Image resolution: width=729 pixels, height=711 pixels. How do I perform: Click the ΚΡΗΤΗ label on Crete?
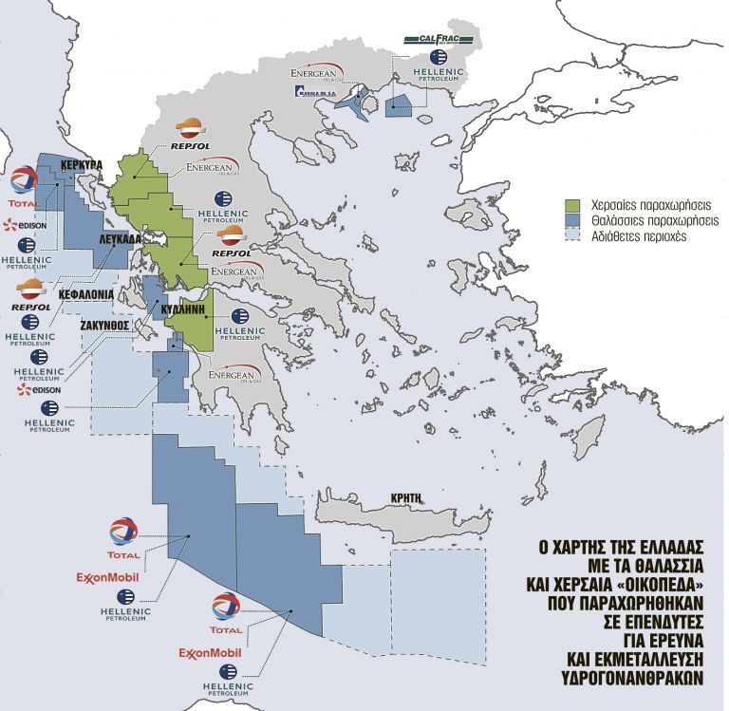coord(410,497)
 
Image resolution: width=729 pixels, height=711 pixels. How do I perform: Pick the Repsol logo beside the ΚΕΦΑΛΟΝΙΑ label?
coord(30,294)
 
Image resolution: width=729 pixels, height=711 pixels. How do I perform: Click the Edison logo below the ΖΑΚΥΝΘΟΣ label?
coord(40,389)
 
